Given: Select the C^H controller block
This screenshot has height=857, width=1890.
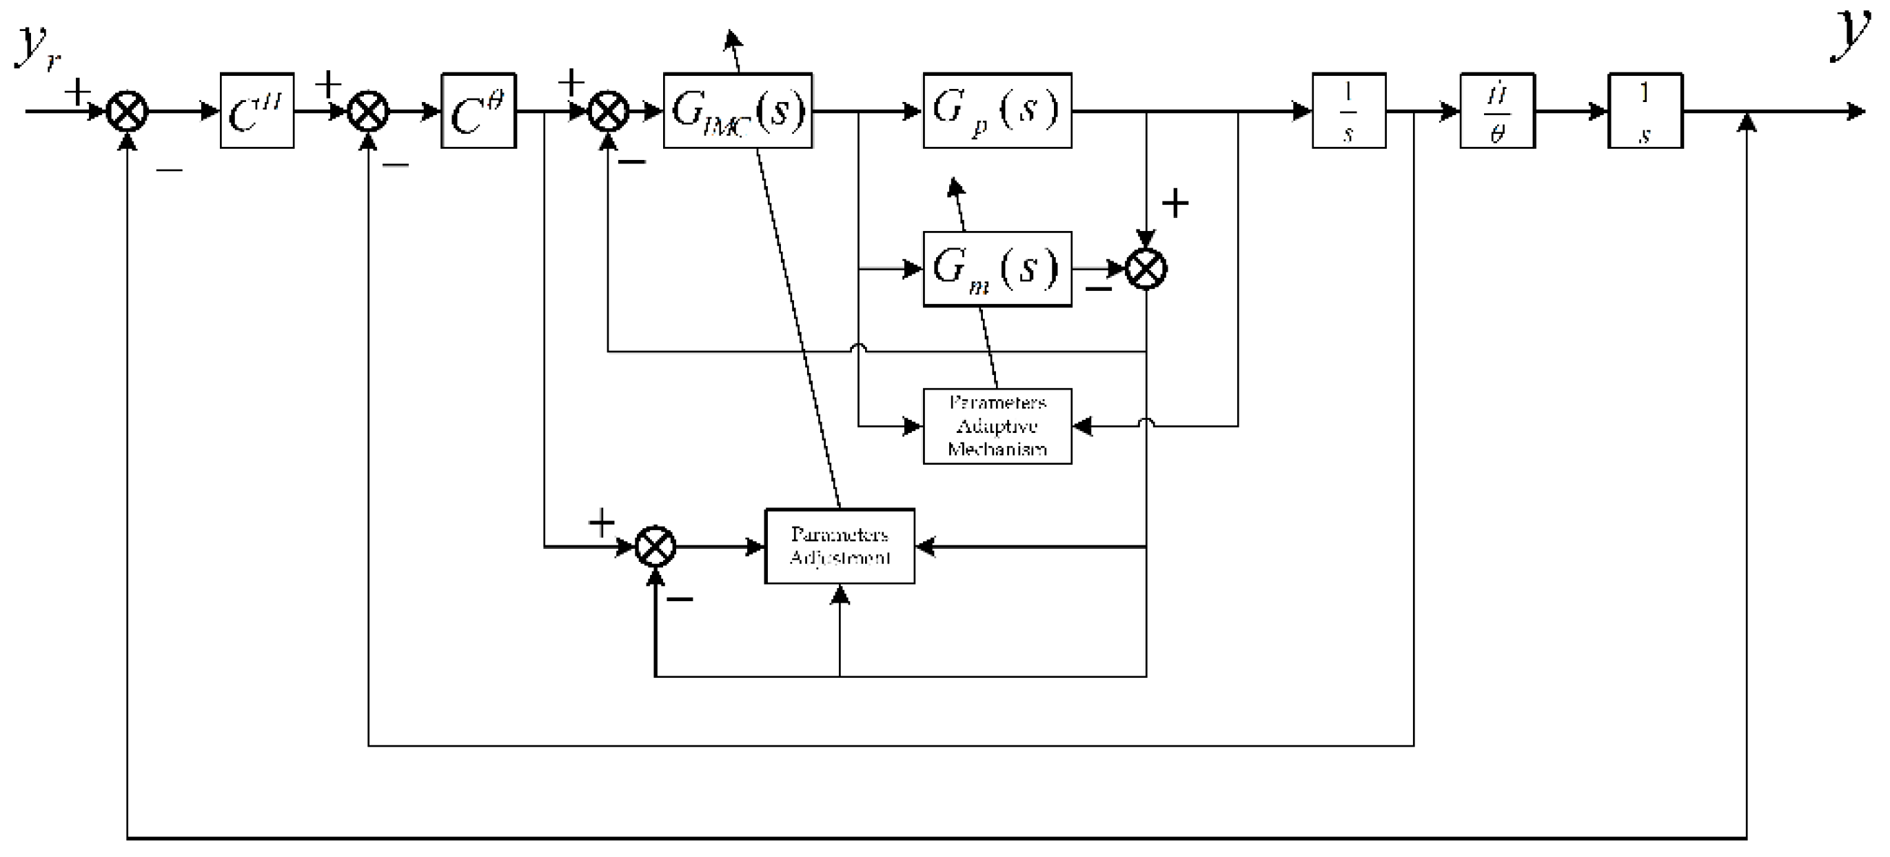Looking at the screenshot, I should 257,111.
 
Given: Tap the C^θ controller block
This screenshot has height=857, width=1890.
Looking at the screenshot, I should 478,111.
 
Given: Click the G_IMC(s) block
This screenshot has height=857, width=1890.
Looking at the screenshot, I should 738,111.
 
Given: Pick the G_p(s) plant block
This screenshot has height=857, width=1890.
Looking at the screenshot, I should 997,111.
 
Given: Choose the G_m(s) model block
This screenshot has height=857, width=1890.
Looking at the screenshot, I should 997,270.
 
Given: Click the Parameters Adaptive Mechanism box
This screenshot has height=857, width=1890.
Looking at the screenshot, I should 997,426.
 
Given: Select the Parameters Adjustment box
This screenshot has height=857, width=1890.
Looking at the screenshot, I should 840,547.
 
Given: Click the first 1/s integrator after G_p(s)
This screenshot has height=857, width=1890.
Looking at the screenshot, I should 1348,111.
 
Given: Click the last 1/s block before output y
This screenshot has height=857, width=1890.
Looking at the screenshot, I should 1645,111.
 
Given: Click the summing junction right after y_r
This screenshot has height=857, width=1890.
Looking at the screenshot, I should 128,112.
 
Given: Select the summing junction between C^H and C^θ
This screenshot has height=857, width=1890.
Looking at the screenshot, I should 367,112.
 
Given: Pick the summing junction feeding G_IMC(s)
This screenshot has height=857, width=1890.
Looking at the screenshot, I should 608,112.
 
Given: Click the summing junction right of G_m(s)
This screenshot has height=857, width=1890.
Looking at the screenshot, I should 1146,270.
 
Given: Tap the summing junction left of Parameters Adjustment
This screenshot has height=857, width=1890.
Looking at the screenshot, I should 654,547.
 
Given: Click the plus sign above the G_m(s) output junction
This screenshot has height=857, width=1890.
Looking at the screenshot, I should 1175,203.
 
